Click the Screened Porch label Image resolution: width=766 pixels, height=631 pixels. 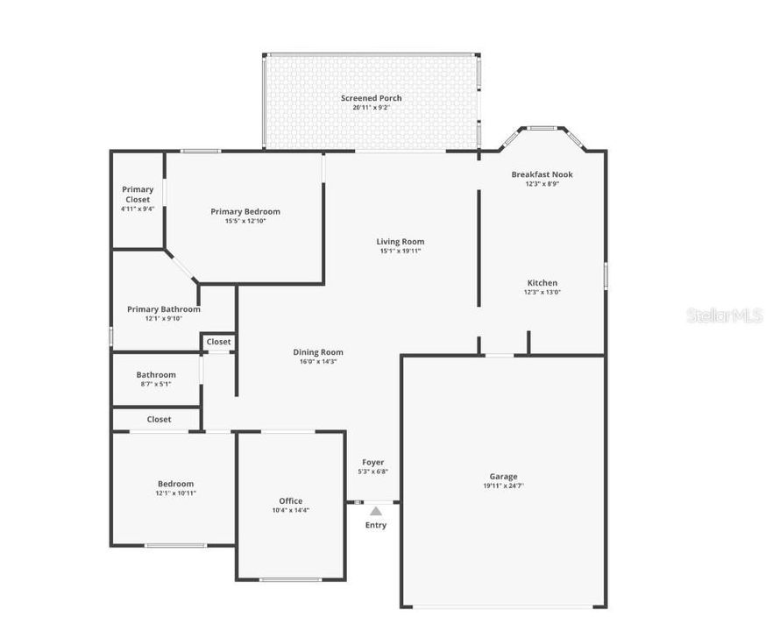point(371,98)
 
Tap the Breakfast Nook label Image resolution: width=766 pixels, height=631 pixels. point(542,174)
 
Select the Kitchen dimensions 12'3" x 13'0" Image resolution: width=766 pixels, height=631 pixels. point(542,293)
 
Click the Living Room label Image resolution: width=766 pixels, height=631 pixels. point(400,242)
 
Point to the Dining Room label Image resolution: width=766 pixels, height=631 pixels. point(317,352)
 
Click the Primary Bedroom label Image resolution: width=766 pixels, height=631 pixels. point(245,211)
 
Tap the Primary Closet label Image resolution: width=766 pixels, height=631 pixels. point(137,195)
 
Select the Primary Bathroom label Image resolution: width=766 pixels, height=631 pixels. point(163,309)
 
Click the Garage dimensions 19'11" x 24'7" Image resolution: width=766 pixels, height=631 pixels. point(503,486)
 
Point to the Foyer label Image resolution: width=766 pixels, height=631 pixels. point(373,462)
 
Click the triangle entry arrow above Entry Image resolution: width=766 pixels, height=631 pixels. point(375,510)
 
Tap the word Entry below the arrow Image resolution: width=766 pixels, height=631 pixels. point(375,525)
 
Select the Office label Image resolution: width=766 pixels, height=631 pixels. point(290,501)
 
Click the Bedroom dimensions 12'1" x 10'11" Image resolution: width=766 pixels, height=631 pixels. point(175,493)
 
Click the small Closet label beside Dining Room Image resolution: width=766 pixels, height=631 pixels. point(218,342)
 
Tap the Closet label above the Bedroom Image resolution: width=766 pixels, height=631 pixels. point(159,420)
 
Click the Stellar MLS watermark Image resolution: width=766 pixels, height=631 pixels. point(724,315)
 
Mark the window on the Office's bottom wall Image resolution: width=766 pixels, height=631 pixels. point(290,579)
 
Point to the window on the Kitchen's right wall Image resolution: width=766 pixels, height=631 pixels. point(605,275)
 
